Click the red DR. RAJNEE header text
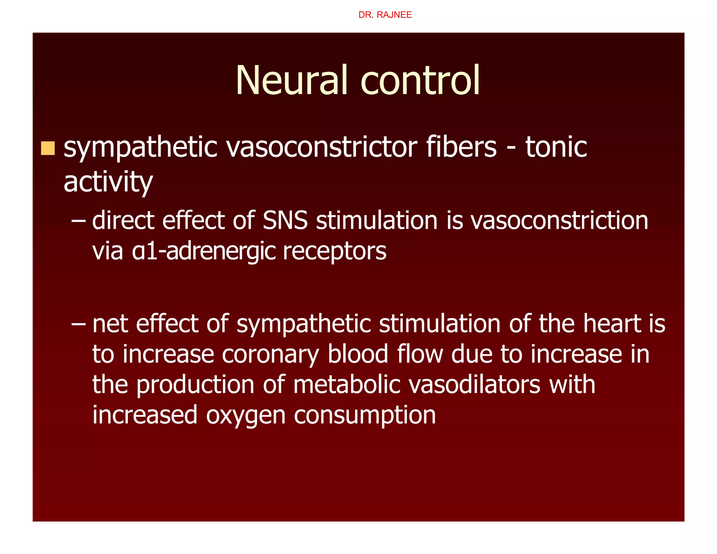tap(385, 15)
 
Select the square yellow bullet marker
tap(48, 148)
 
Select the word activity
tap(108, 182)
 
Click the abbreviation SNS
tap(285, 221)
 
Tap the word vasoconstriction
tap(559, 221)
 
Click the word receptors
tap(335, 252)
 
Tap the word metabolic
tap(347, 385)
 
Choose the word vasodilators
tap(474, 385)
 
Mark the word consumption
tap(365, 416)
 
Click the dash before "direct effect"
tap(78, 221)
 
